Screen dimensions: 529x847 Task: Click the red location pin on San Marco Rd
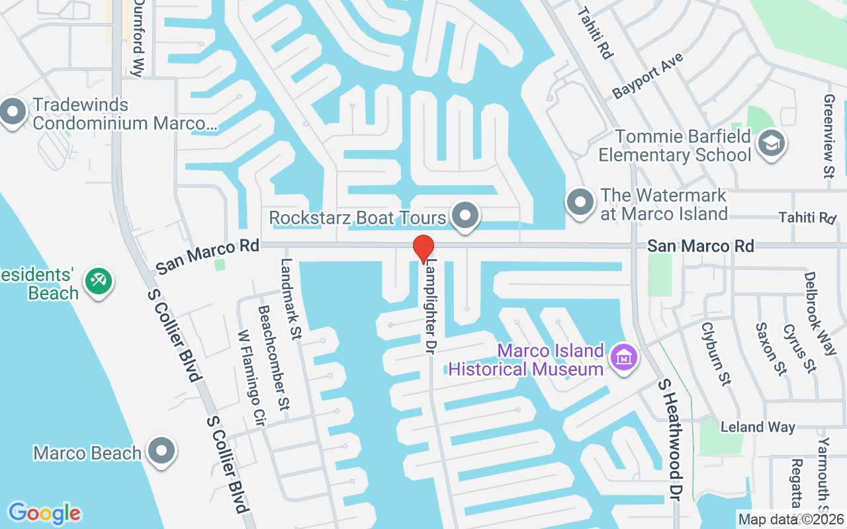pyautogui.click(x=423, y=248)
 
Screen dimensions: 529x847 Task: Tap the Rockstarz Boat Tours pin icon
pyautogui.click(x=465, y=216)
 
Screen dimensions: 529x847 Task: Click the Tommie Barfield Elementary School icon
pyautogui.click(x=771, y=143)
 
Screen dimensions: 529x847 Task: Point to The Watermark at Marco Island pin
pyautogui.click(x=580, y=202)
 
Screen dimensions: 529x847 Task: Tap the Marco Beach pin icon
pyautogui.click(x=161, y=452)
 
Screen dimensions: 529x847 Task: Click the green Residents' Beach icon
pyautogui.click(x=99, y=282)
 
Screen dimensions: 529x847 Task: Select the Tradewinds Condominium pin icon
pyautogui.click(x=13, y=113)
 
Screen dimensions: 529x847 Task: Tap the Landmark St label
pyautogui.click(x=290, y=298)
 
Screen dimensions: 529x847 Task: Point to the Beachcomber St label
pyautogui.click(x=273, y=357)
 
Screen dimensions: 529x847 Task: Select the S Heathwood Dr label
pyautogui.click(x=670, y=440)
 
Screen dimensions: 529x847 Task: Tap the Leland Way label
pyautogui.click(x=758, y=427)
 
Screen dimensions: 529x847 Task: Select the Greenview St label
pyautogui.click(x=828, y=136)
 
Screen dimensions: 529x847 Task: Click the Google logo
pyautogui.click(x=44, y=513)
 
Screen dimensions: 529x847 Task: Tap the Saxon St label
pyautogui.click(x=770, y=349)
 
